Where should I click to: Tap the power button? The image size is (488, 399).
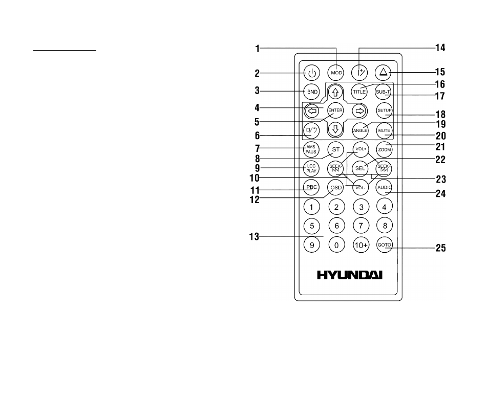[x=312, y=73]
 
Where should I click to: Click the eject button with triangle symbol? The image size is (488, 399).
[x=383, y=73]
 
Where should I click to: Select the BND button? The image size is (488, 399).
[x=312, y=92]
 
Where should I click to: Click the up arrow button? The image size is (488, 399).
[x=335, y=92]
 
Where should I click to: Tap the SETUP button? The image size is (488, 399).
[x=385, y=110]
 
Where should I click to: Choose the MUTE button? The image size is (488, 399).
[x=384, y=130]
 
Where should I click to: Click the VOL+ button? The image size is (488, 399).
[x=360, y=149]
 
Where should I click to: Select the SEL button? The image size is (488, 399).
[x=360, y=168]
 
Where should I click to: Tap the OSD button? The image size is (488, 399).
[x=336, y=188]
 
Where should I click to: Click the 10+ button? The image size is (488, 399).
[x=361, y=245]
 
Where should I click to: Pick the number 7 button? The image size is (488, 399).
[x=361, y=226]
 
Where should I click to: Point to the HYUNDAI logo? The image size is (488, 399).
[x=350, y=275]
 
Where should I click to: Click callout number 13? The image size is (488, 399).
[x=254, y=237]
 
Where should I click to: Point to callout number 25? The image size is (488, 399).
[x=441, y=248]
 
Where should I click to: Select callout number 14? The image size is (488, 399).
[x=440, y=48]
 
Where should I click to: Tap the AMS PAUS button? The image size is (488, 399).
[x=311, y=149]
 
